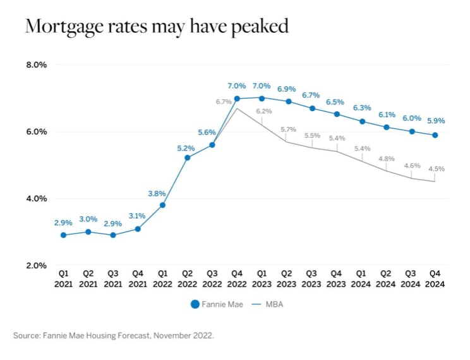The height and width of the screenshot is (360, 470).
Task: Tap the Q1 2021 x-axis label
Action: pos(63,279)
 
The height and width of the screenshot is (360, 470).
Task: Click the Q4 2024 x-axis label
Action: pos(435,279)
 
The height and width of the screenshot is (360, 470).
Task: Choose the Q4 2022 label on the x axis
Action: pos(237,279)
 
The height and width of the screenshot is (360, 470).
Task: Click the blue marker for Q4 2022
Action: pos(237,99)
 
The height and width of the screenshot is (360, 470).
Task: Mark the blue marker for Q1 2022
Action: pos(162,205)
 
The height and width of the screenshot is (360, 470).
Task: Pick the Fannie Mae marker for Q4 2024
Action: pos(435,135)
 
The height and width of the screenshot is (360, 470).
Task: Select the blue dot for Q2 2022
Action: pos(187,158)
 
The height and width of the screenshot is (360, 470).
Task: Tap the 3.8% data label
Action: pos(162,194)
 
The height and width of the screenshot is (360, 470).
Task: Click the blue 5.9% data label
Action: pos(435,120)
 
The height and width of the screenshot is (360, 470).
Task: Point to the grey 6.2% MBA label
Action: pos(264,111)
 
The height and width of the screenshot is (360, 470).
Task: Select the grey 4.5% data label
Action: pos(435,168)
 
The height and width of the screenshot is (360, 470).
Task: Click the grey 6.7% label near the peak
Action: pos(224,101)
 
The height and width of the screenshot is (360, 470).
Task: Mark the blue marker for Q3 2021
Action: pos(113,235)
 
